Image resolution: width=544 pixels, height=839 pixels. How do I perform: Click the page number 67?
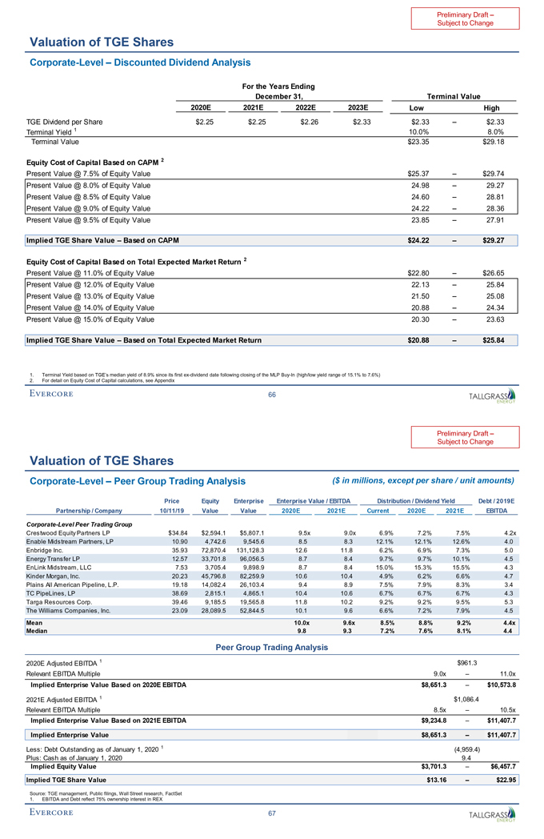272,813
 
